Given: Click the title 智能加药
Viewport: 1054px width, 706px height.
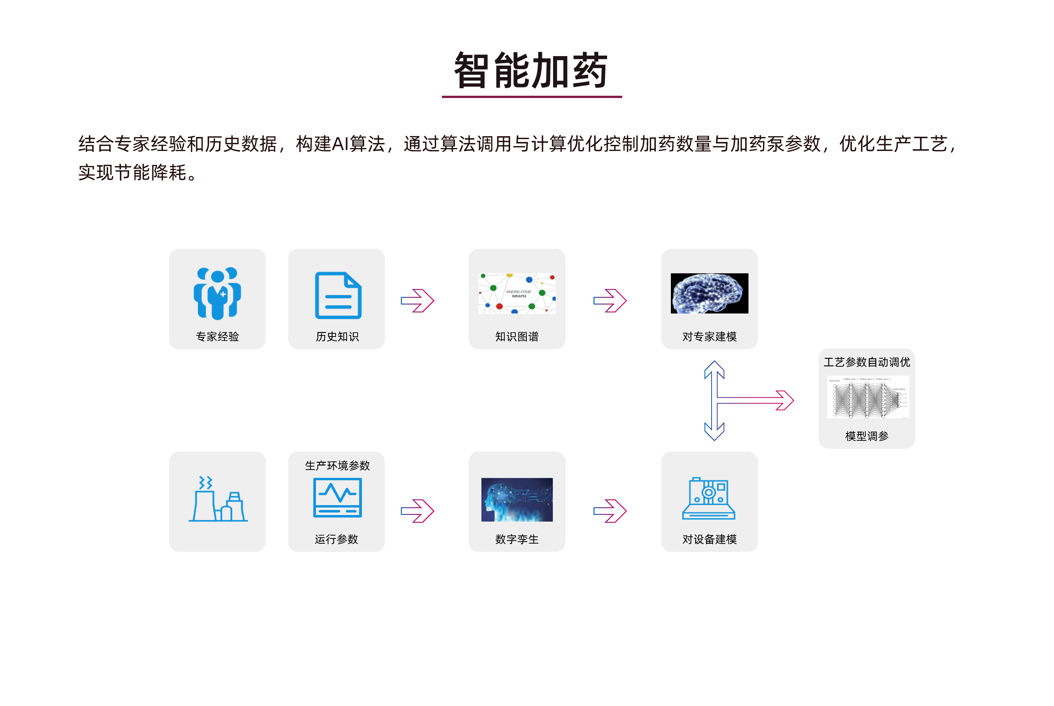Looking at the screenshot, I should tap(531, 70).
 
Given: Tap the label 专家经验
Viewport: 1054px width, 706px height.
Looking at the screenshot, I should tap(217, 336).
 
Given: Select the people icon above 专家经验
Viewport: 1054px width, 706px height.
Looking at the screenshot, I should tap(217, 293).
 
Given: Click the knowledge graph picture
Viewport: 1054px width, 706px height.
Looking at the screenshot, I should tap(517, 293).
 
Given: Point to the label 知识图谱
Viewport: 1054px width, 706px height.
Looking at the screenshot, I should tap(517, 336).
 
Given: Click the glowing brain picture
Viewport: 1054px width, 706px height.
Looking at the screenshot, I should tap(709, 293).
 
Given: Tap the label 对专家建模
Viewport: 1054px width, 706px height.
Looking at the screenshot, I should tap(709, 336).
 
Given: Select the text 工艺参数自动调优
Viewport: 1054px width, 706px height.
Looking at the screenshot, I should tap(867, 362).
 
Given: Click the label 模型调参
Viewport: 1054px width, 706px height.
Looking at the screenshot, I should tap(867, 436).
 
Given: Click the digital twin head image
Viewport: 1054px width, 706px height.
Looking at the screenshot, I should tap(517, 500).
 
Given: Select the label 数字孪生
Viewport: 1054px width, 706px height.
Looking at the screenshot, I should tap(517, 539).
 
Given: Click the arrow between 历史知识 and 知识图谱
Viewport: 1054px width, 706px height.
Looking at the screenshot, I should tap(417, 300).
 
